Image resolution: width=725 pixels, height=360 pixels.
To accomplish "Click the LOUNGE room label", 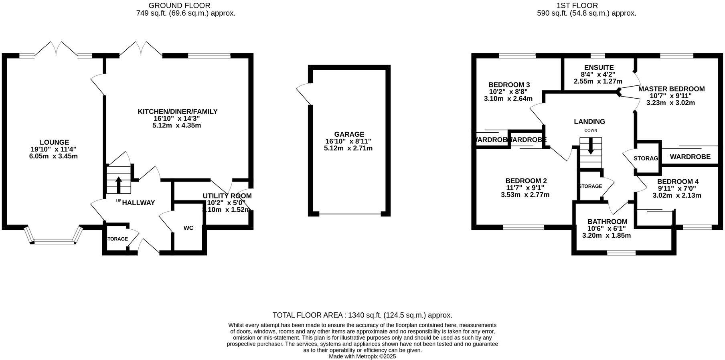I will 54,142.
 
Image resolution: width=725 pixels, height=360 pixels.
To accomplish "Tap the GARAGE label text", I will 349,134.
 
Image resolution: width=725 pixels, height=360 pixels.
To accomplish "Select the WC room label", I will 188,228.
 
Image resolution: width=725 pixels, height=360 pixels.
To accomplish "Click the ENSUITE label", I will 599,68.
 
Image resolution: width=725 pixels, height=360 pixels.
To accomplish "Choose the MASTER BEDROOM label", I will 671,89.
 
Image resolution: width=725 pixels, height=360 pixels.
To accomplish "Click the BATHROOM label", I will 607,222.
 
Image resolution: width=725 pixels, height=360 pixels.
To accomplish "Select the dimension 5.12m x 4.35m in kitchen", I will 176,125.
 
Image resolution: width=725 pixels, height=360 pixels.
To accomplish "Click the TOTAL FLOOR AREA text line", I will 362,315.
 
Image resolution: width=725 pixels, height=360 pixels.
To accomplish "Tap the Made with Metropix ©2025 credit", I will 362,356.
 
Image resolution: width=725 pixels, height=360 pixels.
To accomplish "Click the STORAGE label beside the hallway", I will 117,239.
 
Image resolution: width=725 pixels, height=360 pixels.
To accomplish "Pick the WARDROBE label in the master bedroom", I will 690,157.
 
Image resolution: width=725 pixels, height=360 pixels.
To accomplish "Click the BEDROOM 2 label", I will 526,181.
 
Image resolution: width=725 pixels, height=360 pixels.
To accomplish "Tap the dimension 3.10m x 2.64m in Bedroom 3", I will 508,99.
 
